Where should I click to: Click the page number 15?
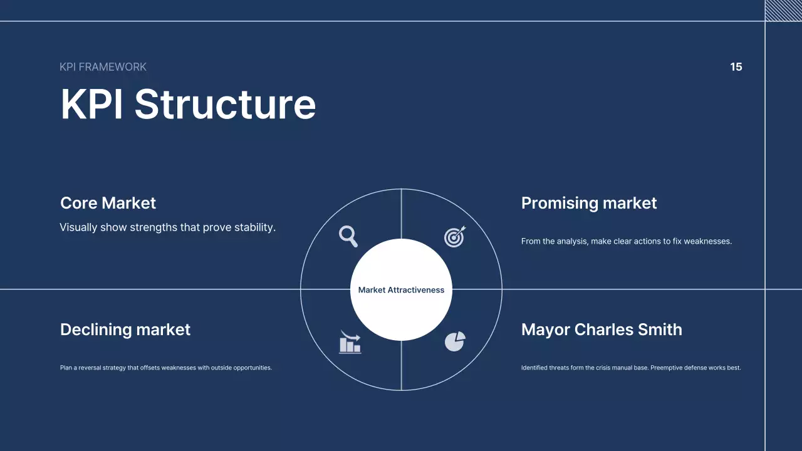[736, 67]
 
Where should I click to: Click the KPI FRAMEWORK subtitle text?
[103, 67]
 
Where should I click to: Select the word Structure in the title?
[225, 104]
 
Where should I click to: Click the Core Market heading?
[108, 203]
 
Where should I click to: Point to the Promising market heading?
[589, 203]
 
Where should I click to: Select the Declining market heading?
[125, 329]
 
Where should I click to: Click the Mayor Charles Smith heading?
[601, 329]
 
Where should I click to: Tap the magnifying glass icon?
[348, 236]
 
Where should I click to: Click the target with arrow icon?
[455, 236]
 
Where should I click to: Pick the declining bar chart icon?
[350, 342]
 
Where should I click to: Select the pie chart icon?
[454, 341]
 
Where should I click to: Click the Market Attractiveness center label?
[401, 290]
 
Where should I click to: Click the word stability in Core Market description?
[254, 227]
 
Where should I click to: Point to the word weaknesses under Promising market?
[707, 241]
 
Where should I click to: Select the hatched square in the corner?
[783, 10]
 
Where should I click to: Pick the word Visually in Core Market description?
[78, 227]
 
